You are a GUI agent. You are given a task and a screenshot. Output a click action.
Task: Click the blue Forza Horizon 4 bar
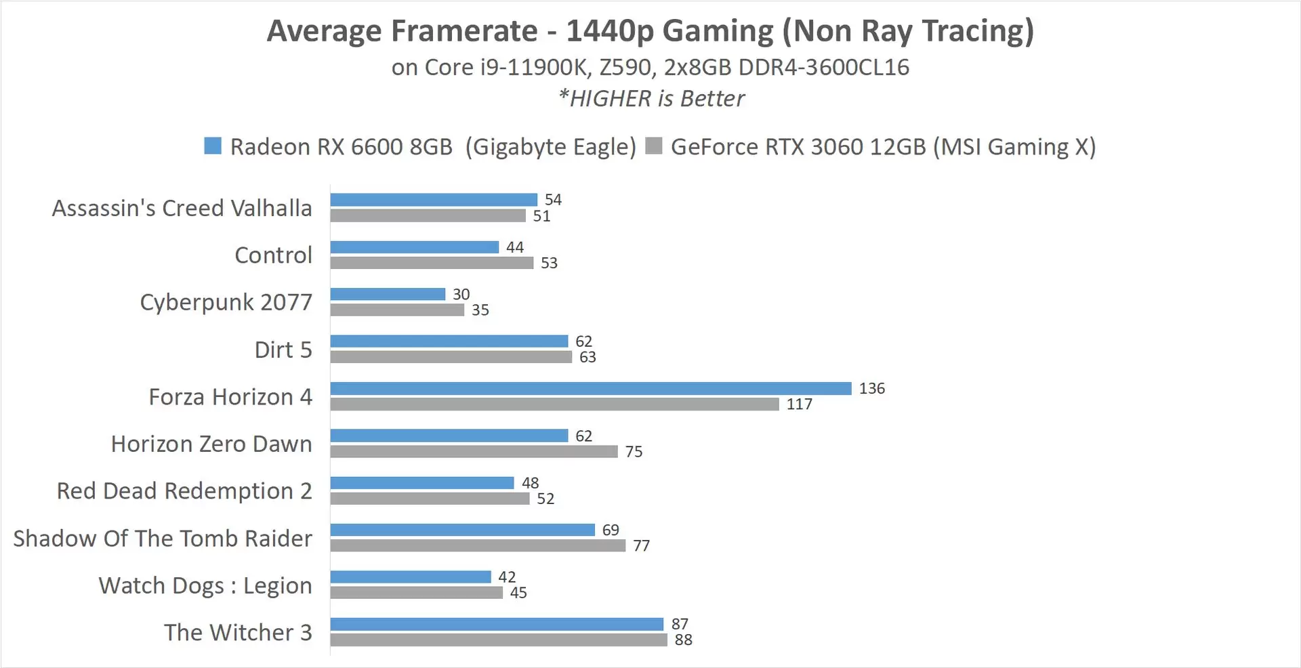coord(590,388)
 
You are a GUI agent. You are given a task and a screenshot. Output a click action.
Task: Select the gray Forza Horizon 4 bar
coord(554,404)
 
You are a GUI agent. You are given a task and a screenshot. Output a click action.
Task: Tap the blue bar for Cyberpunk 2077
coord(388,294)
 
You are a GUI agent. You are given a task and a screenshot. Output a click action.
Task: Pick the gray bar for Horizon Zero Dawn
coord(474,451)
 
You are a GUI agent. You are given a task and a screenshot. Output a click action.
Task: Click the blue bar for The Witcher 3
coord(497,624)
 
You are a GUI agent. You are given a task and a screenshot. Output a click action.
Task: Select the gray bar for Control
coord(432,263)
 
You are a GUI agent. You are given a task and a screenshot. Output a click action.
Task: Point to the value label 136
coord(871,388)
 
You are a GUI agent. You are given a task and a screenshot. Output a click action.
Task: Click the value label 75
coord(634,452)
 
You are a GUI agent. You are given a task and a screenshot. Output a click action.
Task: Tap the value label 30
coord(461,294)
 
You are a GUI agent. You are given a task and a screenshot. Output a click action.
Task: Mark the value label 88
coord(683,640)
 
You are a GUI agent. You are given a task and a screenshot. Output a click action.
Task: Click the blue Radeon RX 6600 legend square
coord(213,146)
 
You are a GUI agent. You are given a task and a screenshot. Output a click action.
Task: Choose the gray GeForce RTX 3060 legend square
coord(653,146)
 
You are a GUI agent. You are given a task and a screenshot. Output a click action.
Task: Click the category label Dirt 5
coord(283,350)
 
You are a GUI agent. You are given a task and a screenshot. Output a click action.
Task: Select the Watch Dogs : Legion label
coord(205,585)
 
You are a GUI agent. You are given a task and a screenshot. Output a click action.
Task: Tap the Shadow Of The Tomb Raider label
coord(163,538)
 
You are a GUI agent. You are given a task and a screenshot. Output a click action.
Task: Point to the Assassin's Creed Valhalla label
coord(182,208)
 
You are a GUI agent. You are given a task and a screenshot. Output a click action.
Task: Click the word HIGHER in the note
coord(611,99)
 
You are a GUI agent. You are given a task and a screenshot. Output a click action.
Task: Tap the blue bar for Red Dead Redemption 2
coord(422,482)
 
